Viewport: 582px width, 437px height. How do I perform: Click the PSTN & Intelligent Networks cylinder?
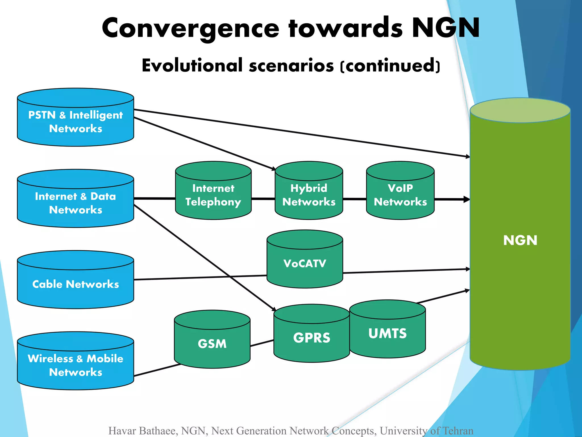(x=75, y=122)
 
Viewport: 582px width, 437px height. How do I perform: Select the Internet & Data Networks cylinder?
(x=75, y=203)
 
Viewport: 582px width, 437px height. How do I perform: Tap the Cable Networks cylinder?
(x=75, y=284)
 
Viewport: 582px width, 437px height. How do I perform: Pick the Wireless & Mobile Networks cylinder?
(x=75, y=365)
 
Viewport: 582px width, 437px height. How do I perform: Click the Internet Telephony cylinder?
(x=213, y=195)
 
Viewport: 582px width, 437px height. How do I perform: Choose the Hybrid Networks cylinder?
(x=309, y=195)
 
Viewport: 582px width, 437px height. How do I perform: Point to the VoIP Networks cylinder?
(x=400, y=195)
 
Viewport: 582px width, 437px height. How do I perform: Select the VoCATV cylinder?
(x=305, y=263)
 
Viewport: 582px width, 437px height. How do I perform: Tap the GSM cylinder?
(x=212, y=343)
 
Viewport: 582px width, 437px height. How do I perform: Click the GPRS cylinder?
(x=311, y=338)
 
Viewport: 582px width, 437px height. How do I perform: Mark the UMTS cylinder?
(x=387, y=333)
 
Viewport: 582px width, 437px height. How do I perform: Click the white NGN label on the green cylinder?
(x=520, y=240)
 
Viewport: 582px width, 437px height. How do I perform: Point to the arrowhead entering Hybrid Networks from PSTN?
(x=273, y=169)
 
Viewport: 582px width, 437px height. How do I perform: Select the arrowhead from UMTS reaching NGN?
(x=467, y=290)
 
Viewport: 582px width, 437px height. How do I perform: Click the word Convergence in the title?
(x=190, y=28)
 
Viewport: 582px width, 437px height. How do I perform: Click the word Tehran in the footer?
(x=458, y=431)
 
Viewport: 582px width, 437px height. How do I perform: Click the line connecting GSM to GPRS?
(x=262, y=343)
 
